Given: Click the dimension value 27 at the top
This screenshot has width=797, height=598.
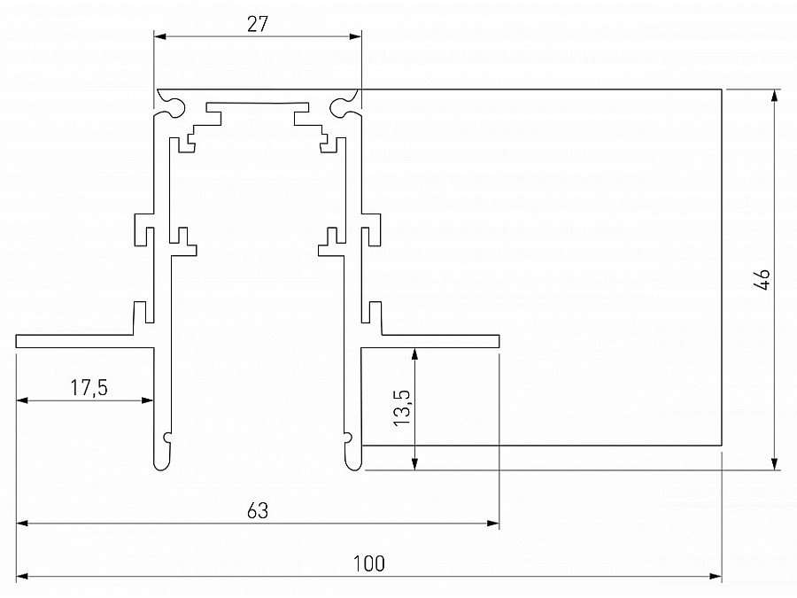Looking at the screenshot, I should [258, 24].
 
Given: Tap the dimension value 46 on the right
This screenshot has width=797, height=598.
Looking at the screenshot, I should [762, 279].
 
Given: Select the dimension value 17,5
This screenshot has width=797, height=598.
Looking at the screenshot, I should [83, 387].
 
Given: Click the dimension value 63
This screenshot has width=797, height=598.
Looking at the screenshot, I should [258, 510].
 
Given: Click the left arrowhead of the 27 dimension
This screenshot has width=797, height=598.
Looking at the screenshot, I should [159, 36].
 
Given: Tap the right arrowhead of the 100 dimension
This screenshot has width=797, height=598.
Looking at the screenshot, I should [716, 577].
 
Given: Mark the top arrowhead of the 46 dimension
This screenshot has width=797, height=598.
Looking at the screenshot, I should [776, 95].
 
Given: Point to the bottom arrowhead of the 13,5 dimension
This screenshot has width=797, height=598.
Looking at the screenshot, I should [414, 465].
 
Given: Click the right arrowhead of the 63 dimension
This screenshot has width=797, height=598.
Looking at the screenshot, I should [494, 524].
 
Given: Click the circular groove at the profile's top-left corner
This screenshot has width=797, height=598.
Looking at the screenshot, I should [167, 107].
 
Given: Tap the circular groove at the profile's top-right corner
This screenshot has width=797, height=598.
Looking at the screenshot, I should [344, 107].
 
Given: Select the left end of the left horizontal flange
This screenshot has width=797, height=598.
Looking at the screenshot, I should [18, 341].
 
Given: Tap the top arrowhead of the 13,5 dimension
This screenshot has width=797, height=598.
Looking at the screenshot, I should [414, 353].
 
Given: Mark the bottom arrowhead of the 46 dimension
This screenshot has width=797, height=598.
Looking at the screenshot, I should [776, 465].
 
